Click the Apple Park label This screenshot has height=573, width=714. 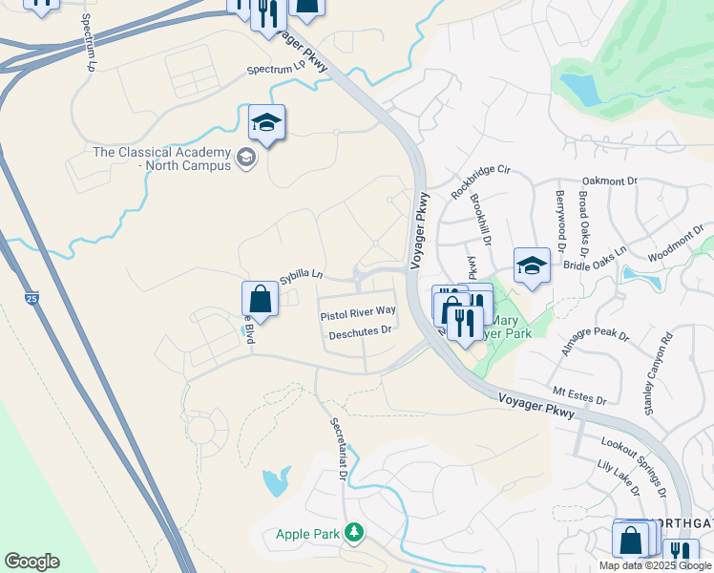308,534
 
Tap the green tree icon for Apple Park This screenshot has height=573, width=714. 354,531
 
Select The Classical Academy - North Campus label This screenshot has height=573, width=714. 161,159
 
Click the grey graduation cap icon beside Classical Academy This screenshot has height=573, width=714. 246,158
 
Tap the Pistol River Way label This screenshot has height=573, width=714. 358,312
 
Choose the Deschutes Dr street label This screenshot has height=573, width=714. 361,332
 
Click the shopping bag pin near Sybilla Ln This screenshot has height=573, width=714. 261,299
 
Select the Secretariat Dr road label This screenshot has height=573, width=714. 338,449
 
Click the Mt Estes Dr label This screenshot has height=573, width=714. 580,392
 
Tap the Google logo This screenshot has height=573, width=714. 31,562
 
